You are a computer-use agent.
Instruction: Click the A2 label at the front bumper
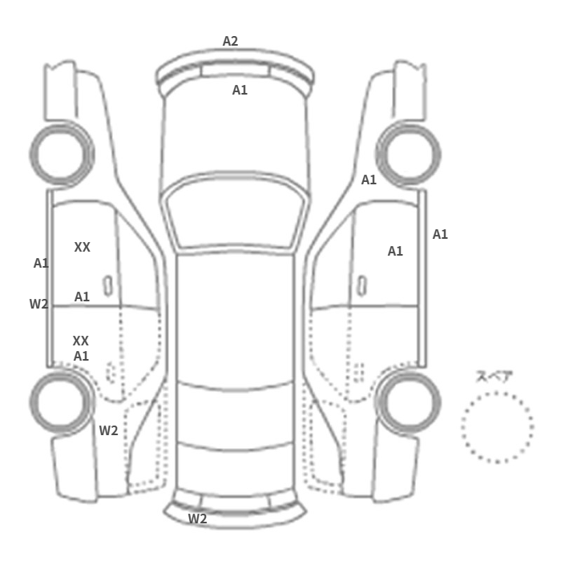[230, 41]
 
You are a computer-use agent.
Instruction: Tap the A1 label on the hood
[240, 90]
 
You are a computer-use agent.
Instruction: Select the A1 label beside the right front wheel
[369, 180]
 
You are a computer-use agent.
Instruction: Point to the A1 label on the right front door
[395, 251]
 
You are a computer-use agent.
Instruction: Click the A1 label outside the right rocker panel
[440, 234]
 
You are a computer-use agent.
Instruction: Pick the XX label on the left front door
[82, 247]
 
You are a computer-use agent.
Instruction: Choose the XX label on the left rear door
[80, 341]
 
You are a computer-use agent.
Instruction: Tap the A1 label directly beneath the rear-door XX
[81, 356]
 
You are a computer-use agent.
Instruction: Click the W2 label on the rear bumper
[197, 519]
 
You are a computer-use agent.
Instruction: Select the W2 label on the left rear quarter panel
[108, 430]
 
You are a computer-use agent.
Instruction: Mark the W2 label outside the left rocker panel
[38, 304]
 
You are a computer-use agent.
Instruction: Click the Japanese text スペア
[490, 377]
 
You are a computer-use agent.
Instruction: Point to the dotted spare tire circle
[498, 393]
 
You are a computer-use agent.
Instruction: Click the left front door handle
[107, 286]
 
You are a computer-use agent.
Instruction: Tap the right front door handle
[362, 286]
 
